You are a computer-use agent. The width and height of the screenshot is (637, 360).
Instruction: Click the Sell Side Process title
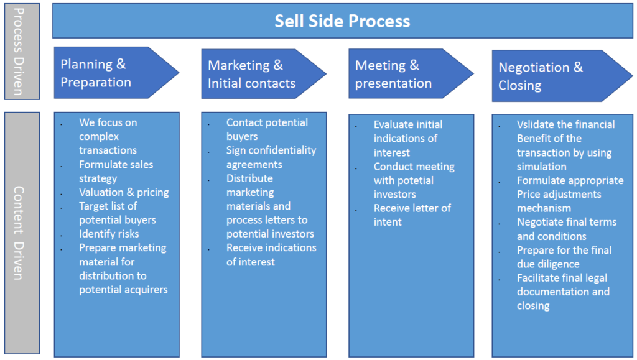[x=343, y=21]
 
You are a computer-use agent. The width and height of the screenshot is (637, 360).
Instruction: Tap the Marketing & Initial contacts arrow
[x=255, y=74]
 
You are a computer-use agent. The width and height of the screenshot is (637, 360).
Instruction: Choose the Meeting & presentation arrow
[x=401, y=74]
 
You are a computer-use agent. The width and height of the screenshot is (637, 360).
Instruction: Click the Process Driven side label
[x=21, y=51]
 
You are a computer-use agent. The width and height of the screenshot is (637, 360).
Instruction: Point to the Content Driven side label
[x=21, y=233]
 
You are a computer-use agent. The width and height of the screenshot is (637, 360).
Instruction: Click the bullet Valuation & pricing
[x=124, y=192]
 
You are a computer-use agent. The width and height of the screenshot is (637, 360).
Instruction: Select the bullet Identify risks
[x=109, y=234]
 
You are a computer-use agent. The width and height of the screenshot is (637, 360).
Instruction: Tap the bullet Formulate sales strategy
[x=116, y=171]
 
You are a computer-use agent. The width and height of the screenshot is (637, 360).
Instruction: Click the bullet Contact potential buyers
[x=267, y=129]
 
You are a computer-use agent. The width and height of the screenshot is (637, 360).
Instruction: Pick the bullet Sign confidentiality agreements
[x=271, y=157]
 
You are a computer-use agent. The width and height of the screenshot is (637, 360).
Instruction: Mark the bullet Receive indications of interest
[x=271, y=254]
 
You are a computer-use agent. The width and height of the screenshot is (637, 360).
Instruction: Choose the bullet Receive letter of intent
[x=412, y=215]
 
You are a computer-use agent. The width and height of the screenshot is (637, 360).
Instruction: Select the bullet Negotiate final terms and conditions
[x=566, y=229]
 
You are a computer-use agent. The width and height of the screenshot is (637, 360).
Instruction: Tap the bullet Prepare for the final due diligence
[x=564, y=257]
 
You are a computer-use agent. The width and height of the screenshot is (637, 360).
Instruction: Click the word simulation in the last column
[x=541, y=166]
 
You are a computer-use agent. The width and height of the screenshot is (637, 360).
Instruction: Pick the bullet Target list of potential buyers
[x=117, y=213]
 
